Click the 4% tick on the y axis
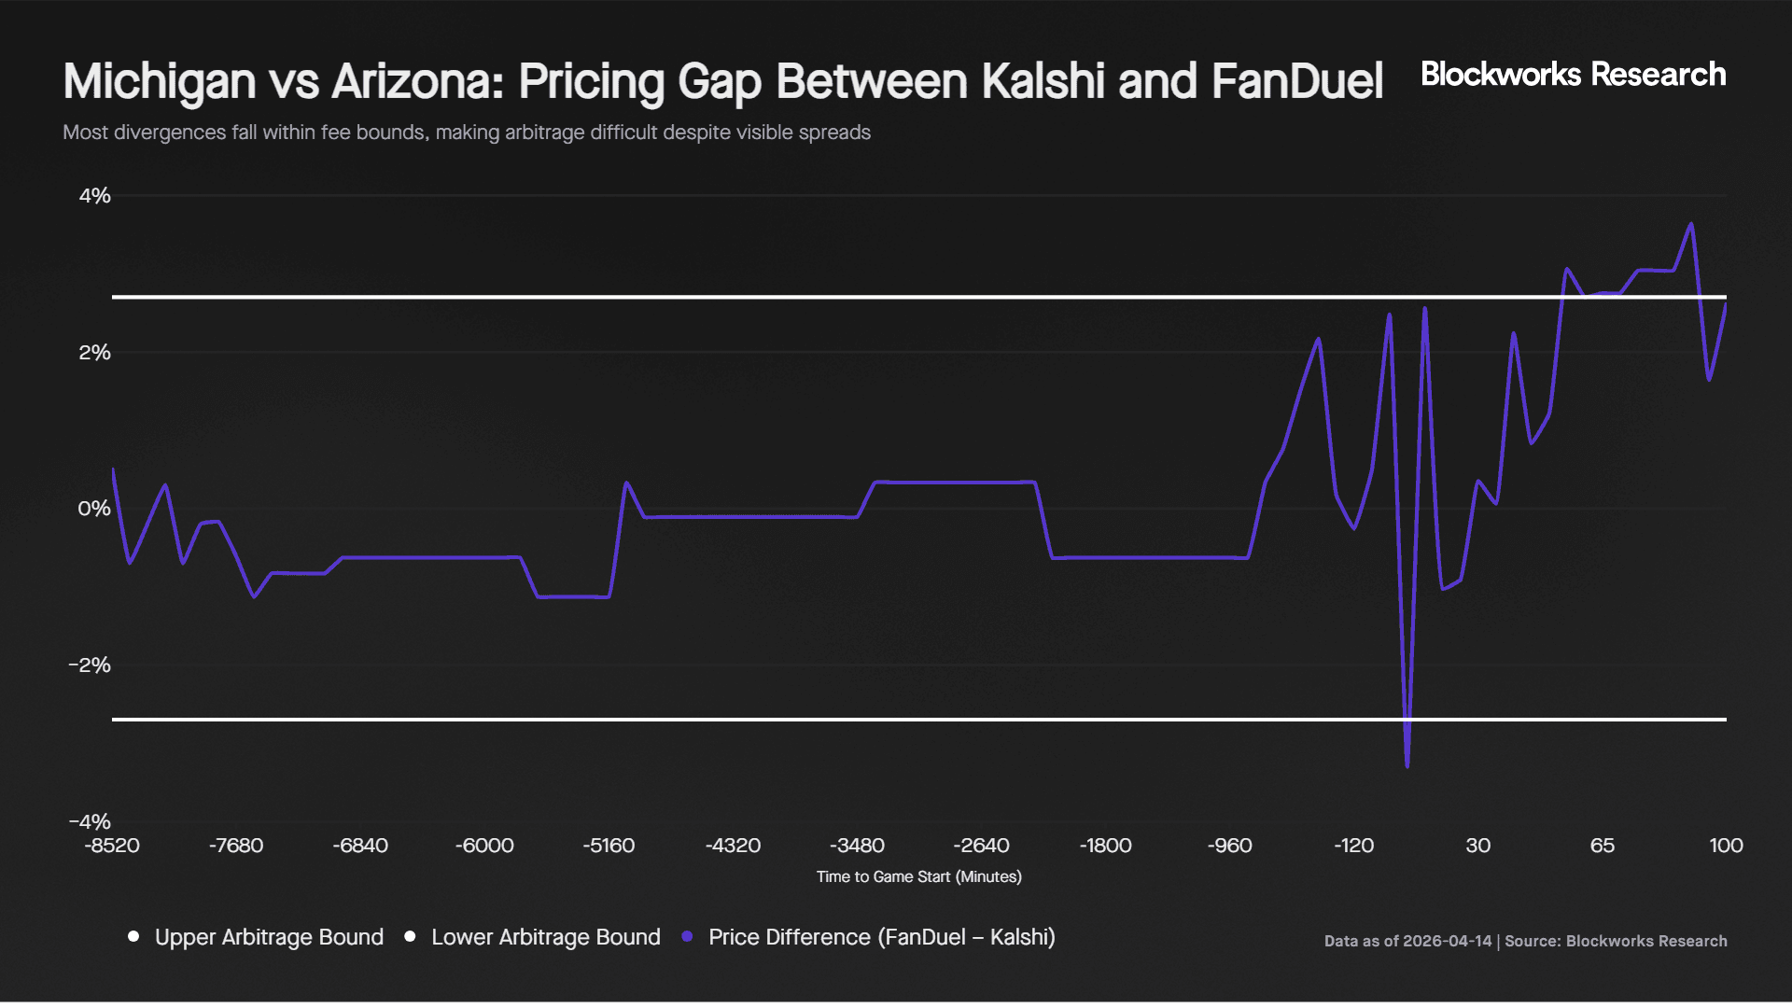94,196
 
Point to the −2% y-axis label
90,665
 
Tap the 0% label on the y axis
94,509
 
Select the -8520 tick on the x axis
112,846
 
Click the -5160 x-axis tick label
609,846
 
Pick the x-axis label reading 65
1602,846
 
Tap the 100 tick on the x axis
1726,846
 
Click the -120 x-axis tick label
1353,846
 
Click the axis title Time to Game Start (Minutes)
918,876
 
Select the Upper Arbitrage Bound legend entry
268,937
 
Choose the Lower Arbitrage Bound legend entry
545,937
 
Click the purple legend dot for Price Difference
688,936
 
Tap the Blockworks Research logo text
1573,75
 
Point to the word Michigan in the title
160,81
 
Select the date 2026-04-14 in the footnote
1447,941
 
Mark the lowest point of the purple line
1407,766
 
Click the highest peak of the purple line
1691,224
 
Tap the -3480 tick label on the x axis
857,846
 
